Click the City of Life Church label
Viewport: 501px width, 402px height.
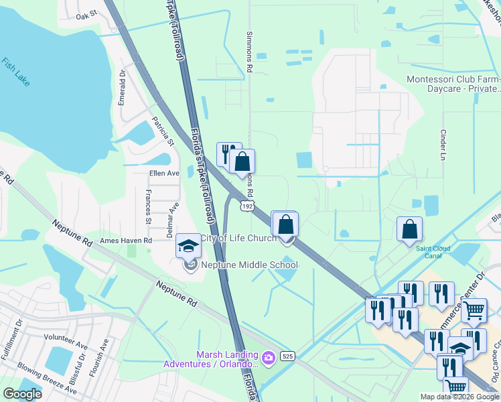coord(238,239)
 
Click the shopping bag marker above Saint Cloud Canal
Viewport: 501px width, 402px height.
coord(409,229)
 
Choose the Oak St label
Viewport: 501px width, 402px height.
coord(86,14)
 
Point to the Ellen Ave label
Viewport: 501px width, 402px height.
coord(164,173)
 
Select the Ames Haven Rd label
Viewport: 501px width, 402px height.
coord(126,240)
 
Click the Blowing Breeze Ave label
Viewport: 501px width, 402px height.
coord(47,377)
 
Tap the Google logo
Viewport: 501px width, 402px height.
coord(22,393)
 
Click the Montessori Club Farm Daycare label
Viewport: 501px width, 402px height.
coord(453,84)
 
